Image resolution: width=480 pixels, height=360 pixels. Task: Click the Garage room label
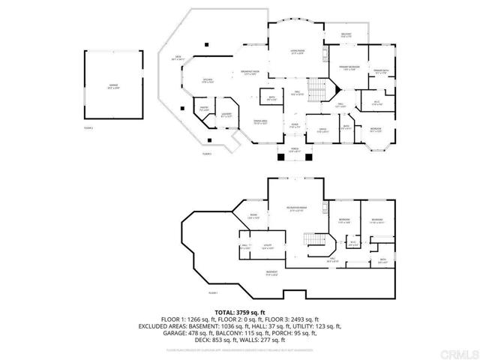(x=113, y=86)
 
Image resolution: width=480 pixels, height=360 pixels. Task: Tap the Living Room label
(x=297, y=52)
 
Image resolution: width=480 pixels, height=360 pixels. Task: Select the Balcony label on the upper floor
(x=346, y=35)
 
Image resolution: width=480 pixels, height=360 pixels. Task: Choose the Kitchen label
(x=208, y=81)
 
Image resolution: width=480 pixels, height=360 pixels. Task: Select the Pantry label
(x=204, y=109)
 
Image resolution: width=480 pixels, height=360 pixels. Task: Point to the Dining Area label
(x=260, y=121)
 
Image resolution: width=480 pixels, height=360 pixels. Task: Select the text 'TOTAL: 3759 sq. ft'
(x=241, y=310)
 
